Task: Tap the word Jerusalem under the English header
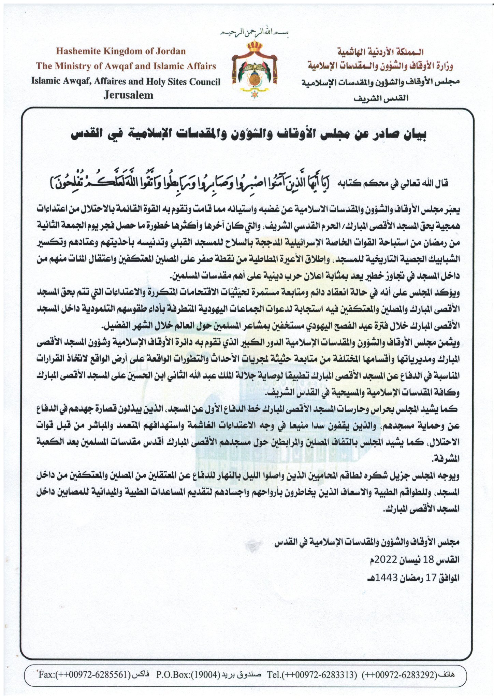[128, 95]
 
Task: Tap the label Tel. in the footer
[273, 675]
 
